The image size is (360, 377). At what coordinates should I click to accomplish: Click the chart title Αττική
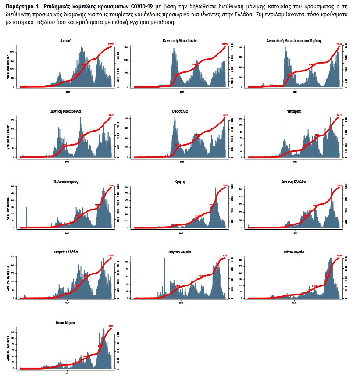tap(66, 40)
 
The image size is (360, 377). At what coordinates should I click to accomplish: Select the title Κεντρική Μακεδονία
tap(180, 40)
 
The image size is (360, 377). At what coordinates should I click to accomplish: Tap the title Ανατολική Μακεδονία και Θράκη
tap(294, 40)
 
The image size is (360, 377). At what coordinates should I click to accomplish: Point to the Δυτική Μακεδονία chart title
tap(66, 111)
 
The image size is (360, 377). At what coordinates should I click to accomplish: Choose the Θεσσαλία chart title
tap(180, 111)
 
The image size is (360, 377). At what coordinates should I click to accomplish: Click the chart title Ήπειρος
tap(294, 111)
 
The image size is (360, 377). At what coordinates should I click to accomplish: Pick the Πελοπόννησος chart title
tap(66, 181)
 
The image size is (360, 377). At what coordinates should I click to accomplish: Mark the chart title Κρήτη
tap(180, 181)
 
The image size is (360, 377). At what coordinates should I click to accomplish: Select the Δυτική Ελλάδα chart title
tap(294, 181)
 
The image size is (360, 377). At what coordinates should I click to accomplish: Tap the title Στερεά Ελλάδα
tap(66, 252)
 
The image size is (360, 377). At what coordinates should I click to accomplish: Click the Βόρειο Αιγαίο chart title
tap(180, 252)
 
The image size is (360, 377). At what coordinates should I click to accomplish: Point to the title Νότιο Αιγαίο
tap(294, 252)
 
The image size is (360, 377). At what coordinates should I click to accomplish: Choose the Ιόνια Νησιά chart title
tap(66, 322)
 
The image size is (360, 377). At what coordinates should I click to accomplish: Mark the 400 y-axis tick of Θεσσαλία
tap(127, 118)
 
